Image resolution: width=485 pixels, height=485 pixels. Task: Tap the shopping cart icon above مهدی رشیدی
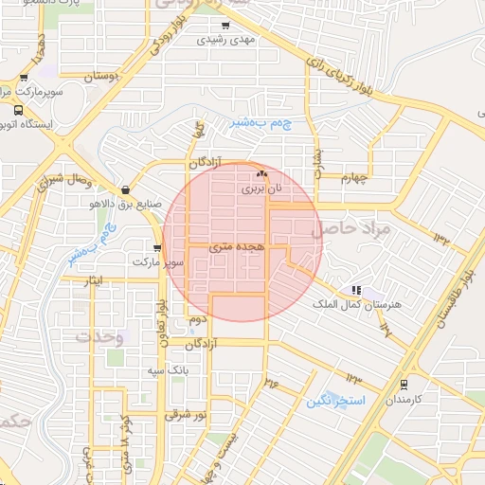click(x=225, y=26)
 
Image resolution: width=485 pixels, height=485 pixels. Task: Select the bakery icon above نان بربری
click(x=262, y=174)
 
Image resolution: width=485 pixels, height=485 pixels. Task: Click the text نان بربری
click(x=261, y=189)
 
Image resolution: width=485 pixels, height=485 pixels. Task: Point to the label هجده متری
click(x=242, y=245)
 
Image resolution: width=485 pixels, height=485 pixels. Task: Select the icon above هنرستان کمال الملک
click(x=356, y=290)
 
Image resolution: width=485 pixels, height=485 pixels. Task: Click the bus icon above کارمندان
click(x=404, y=385)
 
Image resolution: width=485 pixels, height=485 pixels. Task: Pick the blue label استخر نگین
click(x=335, y=401)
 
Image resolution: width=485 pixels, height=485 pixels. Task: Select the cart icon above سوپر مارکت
click(x=143, y=247)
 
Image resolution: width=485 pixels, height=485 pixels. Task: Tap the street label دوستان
click(x=104, y=75)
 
